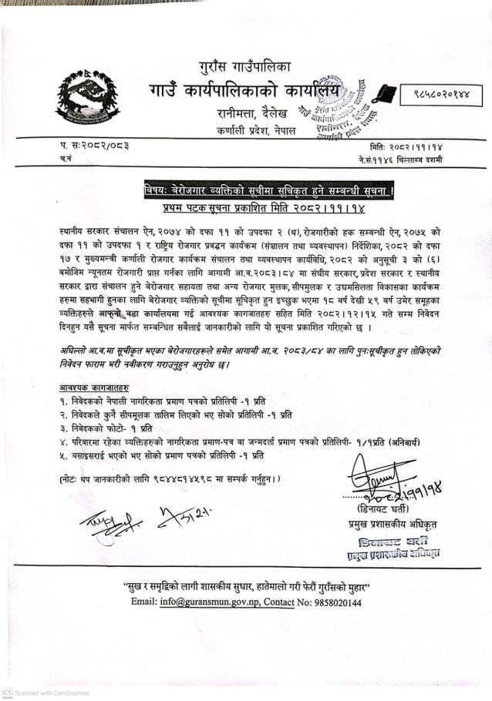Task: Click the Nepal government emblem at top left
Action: [x=87, y=99]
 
